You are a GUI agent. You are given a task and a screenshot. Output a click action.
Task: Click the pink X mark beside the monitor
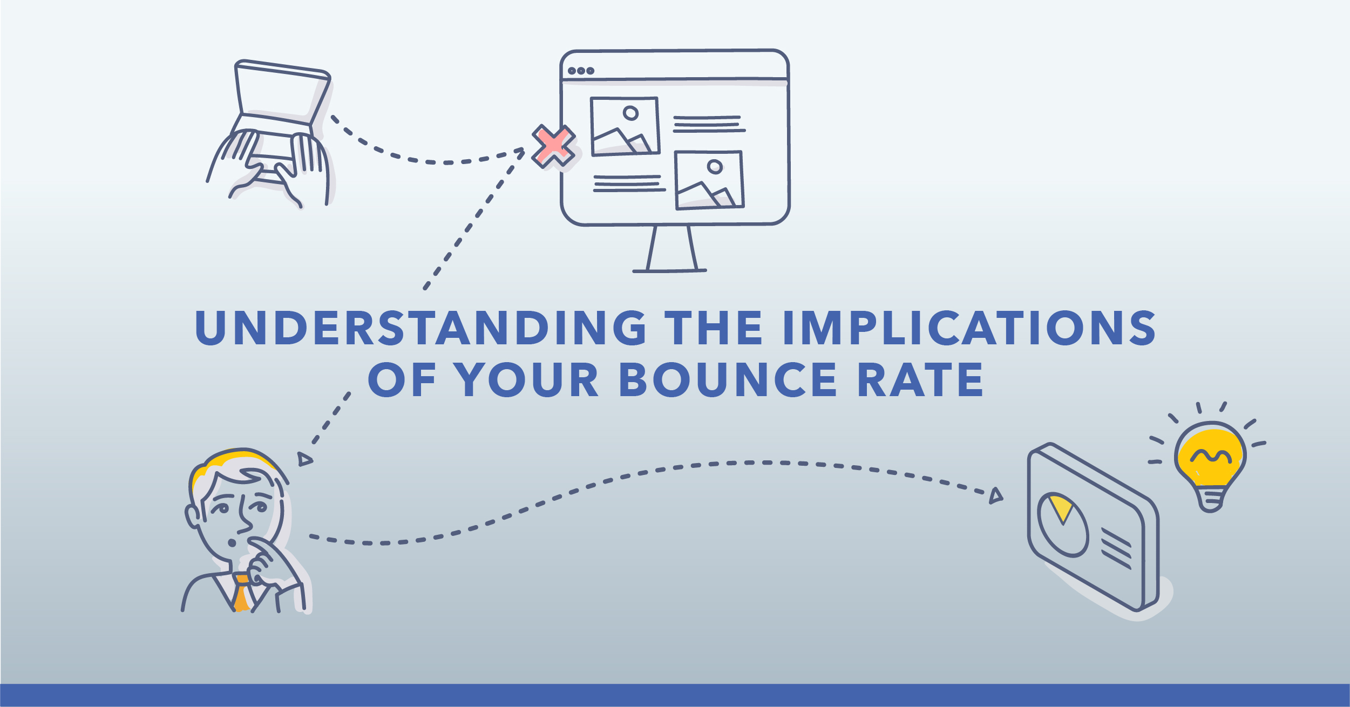click(x=553, y=146)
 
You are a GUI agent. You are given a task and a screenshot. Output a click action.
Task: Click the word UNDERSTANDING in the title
click(x=420, y=328)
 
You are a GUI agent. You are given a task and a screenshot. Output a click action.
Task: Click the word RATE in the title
click(x=921, y=379)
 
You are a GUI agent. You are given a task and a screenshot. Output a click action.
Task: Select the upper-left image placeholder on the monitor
click(x=625, y=126)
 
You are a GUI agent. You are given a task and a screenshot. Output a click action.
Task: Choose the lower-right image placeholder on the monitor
click(x=709, y=180)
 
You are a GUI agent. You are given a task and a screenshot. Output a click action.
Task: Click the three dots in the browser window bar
click(x=581, y=71)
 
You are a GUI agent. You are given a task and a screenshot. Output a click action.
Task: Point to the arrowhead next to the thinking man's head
click(x=304, y=459)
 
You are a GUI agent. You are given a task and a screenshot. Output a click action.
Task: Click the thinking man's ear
click(x=192, y=515)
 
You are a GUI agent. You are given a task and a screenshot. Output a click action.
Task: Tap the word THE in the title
click(x=713, y=328)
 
